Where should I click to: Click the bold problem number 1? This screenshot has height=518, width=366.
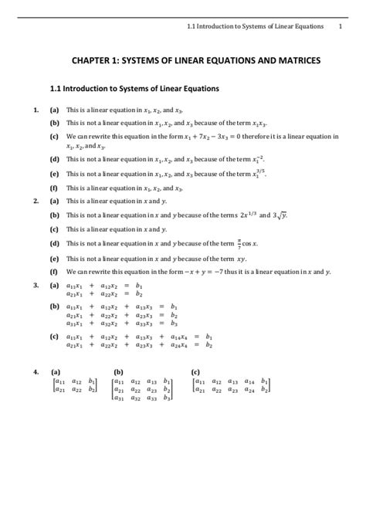click(36, 110)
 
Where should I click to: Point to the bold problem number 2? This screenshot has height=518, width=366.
click(36, 201)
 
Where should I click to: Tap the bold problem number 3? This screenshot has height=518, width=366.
click(36, 285)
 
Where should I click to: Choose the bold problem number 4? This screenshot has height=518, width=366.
click(36, 372)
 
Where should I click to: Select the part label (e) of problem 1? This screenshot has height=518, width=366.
click(54, 174)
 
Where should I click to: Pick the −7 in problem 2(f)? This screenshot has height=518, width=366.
click(208, 273)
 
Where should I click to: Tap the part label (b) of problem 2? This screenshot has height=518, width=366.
click(54, 215)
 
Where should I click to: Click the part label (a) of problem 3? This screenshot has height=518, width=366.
click(54, 285)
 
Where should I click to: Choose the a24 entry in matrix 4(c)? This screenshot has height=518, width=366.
click(249, 390)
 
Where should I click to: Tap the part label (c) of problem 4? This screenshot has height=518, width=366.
click(195, 372)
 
